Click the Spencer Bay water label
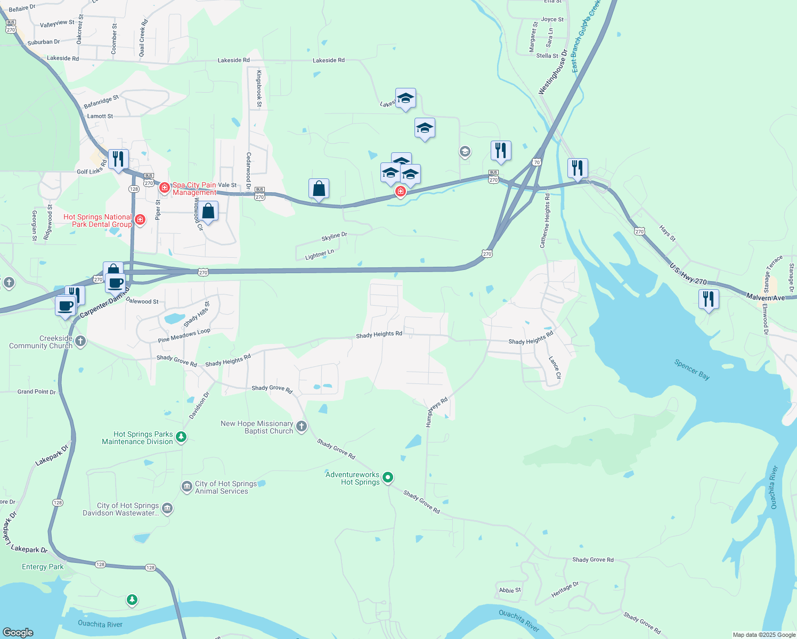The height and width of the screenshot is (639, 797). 692,370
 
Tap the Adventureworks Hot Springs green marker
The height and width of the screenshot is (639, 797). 388,478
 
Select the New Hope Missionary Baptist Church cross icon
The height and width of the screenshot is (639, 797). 302,426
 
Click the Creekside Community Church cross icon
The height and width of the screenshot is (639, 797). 80,341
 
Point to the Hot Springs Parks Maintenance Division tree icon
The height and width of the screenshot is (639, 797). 181,437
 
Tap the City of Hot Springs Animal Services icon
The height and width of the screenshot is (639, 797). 186,487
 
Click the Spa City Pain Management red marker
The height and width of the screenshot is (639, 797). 165,188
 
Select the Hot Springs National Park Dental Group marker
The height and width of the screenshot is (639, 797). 140,220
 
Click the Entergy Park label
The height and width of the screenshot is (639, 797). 43,567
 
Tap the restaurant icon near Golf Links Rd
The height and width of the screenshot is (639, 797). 118,159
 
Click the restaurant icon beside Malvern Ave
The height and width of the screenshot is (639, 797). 708,299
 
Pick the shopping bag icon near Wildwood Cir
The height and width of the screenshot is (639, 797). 208,211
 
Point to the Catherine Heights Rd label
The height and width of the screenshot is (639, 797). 545,220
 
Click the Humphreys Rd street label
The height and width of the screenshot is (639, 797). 436,412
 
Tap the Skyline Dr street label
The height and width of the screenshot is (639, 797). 334,236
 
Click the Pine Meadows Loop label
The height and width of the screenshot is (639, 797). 184,335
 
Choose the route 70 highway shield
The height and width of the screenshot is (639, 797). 536,162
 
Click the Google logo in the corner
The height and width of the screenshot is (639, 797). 18,632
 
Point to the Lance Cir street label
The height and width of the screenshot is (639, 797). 555,367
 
